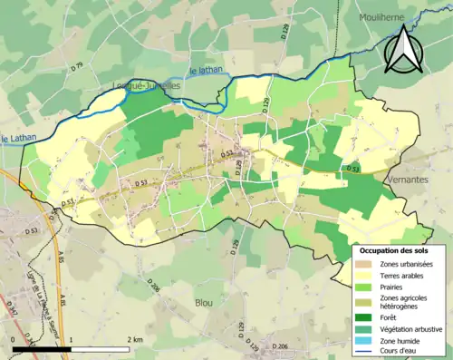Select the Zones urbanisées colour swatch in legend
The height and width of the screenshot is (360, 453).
point(366,263)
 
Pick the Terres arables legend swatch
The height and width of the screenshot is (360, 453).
point(366,276)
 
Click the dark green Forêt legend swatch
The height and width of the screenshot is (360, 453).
point(366,316)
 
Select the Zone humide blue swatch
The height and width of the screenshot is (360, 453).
point(366,340)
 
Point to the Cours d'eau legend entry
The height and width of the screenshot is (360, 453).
point(399,352)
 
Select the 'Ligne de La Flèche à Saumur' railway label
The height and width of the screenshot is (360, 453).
point(37,290)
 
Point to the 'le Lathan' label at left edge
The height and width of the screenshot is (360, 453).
point(16,139)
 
